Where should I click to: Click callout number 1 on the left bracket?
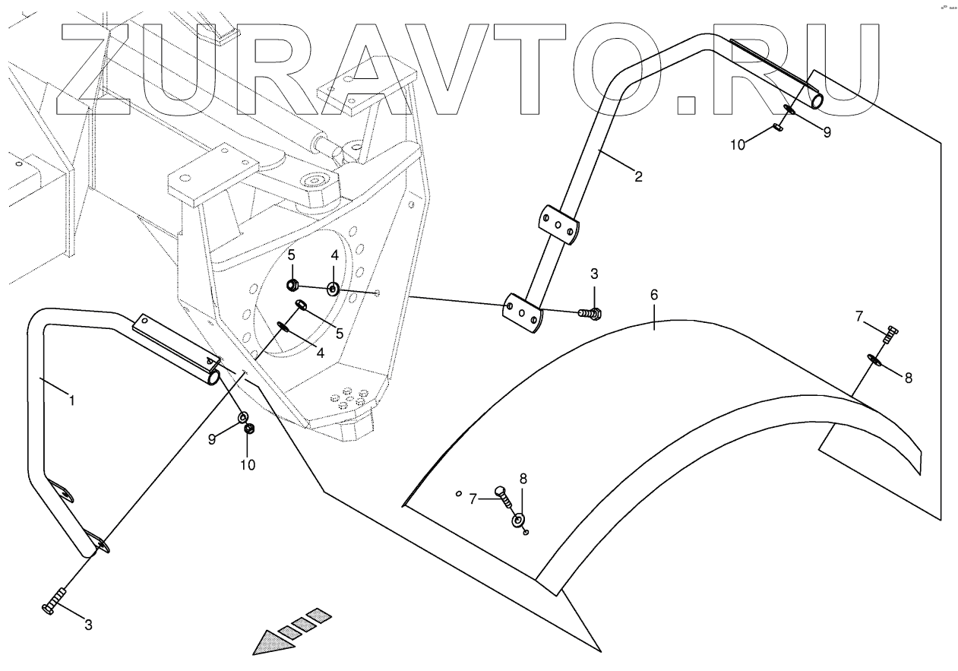tap(71, 400)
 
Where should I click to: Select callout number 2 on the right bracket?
tap(638, 177)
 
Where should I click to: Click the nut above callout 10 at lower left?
tap(248, 430)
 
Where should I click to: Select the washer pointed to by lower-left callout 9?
tap(244, 416)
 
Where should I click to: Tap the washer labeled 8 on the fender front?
tap(518, 520)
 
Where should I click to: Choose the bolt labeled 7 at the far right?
tap(891, 333)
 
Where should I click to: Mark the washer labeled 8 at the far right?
tap(874, 359)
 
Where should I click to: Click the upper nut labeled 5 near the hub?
tap(292, 286)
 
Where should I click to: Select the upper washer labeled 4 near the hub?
tap(334, 289)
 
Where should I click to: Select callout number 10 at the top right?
tap(738, 144)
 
